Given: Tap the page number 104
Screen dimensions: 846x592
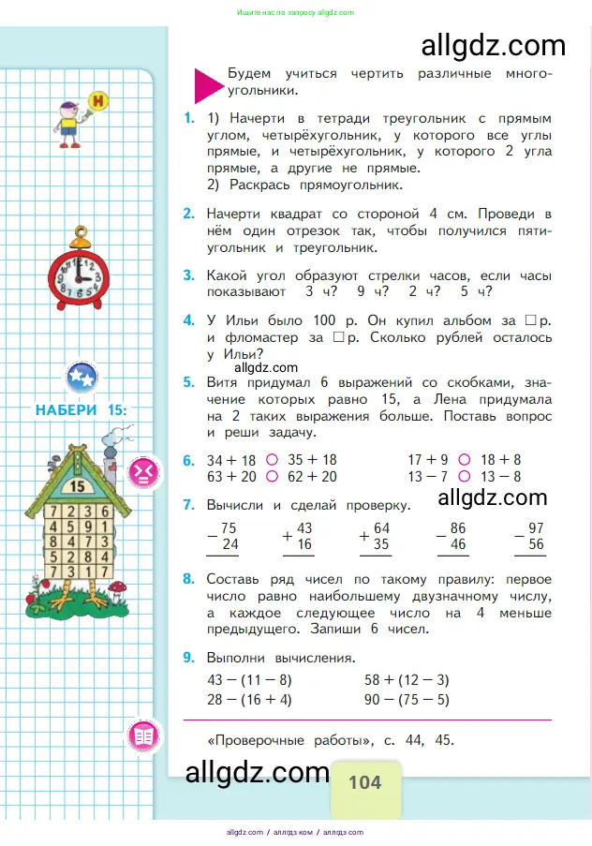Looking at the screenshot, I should [364, 781].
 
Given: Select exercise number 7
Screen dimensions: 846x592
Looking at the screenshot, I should [189, 505].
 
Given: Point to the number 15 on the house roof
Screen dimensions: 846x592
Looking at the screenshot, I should [78, 485].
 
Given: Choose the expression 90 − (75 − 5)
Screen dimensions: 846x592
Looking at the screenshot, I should [407, 700].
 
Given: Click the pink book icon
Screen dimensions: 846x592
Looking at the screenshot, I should [143, 735].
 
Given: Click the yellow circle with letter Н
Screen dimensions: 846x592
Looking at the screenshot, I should [95, 99].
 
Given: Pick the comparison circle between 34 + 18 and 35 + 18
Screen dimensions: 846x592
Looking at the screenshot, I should [272, 460].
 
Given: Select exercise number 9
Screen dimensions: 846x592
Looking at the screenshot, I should [189, 657].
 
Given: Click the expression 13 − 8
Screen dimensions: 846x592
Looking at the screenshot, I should [500, 476].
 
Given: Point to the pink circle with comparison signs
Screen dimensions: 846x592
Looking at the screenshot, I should [143, 470].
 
